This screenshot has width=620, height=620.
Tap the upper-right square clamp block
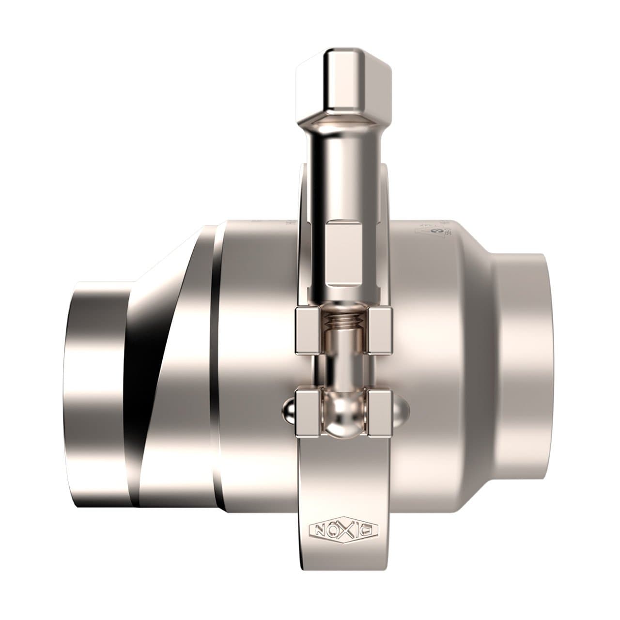pos(380,329)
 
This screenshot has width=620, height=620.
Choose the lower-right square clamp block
pos(380,412)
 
